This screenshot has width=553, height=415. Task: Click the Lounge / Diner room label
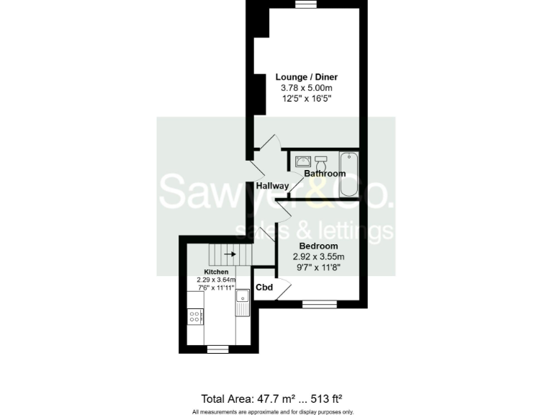click(307, 77)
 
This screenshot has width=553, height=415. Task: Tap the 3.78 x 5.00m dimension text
click(307, 87)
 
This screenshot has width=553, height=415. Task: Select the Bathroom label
click(325, 174)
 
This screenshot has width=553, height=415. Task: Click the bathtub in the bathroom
click(351, 174)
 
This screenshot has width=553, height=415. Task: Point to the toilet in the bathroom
click(321, 160)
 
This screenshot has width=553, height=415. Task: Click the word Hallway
click(273, 186)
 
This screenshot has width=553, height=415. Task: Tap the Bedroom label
click(318, 246)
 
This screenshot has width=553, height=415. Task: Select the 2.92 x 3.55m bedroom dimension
click(318, 256)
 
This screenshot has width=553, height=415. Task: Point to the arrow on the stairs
click(230, 254)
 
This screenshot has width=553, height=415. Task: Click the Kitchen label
click(215, 272)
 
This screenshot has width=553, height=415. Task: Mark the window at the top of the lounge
click(307, 4)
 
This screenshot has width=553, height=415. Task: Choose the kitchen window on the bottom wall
click(217, 349)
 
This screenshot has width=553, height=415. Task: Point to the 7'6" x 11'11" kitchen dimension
click(215, 287)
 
